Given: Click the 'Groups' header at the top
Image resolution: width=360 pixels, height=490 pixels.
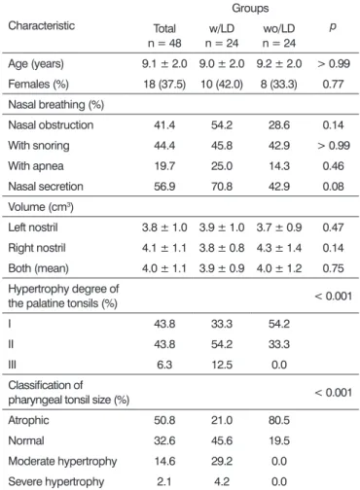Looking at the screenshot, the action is [x=250, y=9].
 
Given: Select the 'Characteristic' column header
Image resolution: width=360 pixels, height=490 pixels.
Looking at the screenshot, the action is [x=41, y=25].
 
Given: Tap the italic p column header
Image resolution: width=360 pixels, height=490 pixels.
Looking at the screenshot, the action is [x=333, y=26].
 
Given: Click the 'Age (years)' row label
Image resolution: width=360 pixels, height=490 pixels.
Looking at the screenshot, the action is [x=36, y=64].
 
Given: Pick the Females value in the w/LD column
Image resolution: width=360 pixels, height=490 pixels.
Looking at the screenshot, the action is [x=222, y=85].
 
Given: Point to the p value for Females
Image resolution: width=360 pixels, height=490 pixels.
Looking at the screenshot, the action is [x=333, y=85].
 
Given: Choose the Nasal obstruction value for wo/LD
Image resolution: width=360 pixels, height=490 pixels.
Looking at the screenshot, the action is [x=279, y=125].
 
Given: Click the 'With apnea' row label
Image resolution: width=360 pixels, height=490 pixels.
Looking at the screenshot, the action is [x=36, y=166].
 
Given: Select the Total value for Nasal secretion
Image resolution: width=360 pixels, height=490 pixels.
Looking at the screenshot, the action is [x=164, y=187].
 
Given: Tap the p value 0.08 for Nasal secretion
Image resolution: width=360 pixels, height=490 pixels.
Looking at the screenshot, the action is [x=333, y=187].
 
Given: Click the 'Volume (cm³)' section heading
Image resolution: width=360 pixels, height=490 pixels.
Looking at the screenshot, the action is [x=41, y=207].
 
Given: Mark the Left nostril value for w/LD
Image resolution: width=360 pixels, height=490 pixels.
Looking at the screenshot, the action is [x=222, y=227].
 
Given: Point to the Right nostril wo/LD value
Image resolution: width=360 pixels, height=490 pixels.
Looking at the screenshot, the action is [x=279, y=248].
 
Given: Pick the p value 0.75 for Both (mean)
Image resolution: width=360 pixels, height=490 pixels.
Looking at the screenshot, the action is [x=333, y=268].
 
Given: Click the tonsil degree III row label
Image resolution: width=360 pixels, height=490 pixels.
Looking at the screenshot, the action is [x=12, y=365].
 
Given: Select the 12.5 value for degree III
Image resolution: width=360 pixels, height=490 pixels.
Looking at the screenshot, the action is [x=222, y=365].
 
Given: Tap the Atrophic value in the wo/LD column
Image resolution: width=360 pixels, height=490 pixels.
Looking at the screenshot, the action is [x=279, y=420].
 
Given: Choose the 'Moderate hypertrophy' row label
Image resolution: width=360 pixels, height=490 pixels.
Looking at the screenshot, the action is [x=62, y=461].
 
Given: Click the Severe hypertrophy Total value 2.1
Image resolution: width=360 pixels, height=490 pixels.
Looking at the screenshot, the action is [x=164, y=481].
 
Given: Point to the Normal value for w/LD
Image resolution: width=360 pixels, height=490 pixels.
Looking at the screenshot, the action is [x=222, y=440].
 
